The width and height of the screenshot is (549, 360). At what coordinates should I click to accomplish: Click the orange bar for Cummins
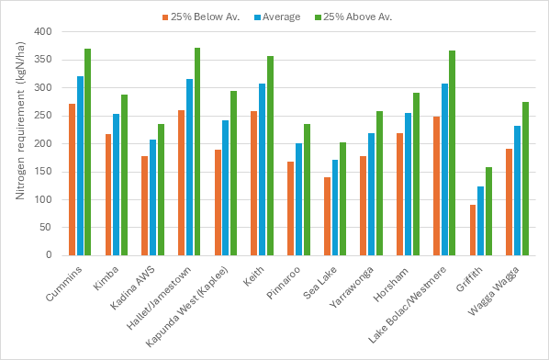pos(73,180)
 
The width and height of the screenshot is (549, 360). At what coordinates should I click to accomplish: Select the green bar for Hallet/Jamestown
pos(197,152)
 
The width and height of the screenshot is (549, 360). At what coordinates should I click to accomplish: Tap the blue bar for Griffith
pos(481,221)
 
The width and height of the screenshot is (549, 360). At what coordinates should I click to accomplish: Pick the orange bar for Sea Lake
pos(327,217)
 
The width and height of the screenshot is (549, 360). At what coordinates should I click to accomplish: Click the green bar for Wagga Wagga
pos(525,178)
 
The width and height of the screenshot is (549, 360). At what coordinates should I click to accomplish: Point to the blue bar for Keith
pos(263,170)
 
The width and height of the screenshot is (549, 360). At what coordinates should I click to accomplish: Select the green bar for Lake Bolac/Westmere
pos(453,153)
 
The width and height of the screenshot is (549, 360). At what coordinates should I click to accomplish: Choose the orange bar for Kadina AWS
pos(145,206)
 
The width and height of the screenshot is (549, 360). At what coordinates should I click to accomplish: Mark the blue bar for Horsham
pos(408,185)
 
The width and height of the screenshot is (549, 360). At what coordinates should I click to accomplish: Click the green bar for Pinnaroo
pos(307,190)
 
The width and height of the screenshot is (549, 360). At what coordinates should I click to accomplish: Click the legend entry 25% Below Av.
pos(201,17)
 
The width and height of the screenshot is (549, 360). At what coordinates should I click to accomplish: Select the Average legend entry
pos(277,17)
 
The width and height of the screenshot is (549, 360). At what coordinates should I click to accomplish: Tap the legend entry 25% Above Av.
pos(353,17)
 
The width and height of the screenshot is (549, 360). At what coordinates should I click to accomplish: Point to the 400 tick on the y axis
pos(43,31)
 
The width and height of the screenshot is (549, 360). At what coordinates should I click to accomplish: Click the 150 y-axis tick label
pos(43,172)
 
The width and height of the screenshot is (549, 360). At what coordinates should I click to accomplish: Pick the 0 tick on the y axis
pos(49,255)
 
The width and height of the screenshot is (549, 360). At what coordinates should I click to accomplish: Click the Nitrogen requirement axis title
pos(20,121)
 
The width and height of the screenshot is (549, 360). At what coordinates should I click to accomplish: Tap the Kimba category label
pos(106,278)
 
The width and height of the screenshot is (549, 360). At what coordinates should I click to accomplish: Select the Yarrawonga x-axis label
pos(352,287)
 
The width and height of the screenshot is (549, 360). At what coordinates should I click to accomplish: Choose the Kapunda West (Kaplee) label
pos(186,307)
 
